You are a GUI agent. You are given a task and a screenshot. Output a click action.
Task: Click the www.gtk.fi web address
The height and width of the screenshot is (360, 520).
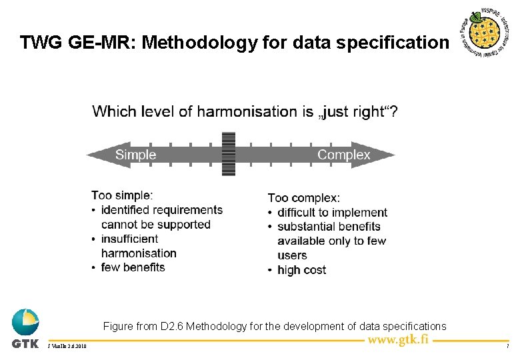(399, 339)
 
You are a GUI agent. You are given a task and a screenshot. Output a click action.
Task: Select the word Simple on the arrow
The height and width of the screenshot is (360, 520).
(135, 155)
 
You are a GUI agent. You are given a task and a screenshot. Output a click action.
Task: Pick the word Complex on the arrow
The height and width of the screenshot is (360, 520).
(343, 155)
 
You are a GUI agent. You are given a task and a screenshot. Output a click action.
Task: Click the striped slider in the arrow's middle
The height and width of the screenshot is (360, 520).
(229, 153)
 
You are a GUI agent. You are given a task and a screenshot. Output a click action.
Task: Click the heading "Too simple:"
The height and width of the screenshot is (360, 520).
(122, 195)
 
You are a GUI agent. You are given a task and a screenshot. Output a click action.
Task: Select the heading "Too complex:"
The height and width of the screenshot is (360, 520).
(303, 198)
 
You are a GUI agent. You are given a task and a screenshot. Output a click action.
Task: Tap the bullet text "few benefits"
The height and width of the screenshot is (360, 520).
(133, 267)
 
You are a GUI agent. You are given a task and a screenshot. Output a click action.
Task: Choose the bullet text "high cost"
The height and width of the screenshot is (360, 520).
(301, 270)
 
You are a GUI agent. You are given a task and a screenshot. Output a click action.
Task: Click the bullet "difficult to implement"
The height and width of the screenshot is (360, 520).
(332, 213)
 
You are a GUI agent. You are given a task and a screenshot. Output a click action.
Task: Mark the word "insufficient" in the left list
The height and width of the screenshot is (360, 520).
(129, 239)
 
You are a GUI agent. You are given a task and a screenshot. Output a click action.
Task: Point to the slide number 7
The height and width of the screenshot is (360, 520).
(508, 347)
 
